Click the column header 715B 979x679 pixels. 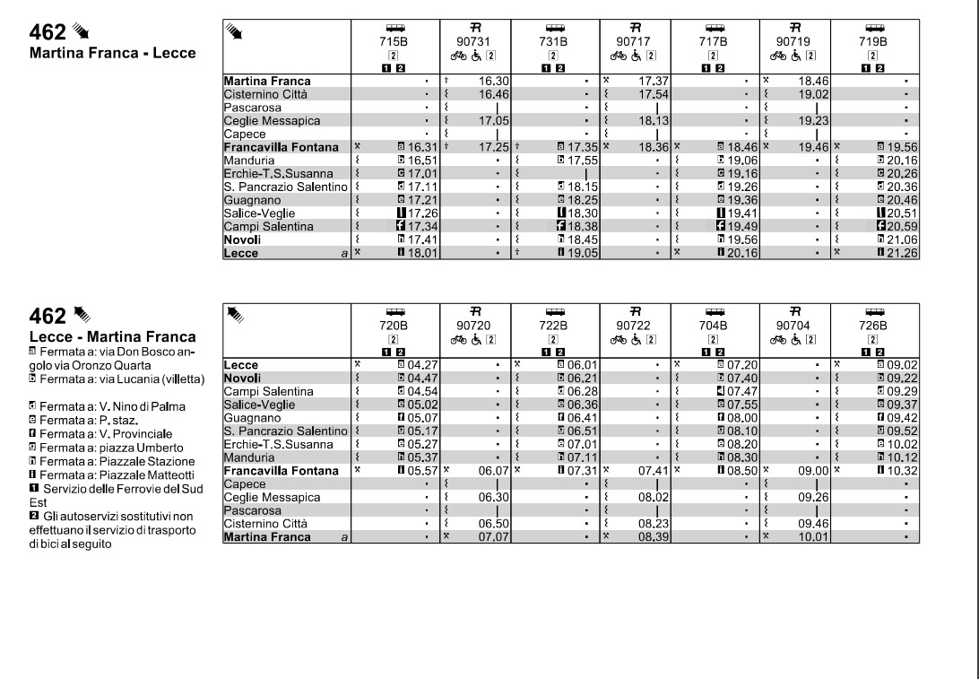click(394, 41)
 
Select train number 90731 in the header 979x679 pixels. click(474, 41)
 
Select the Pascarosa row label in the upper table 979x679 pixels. click(253, 107)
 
